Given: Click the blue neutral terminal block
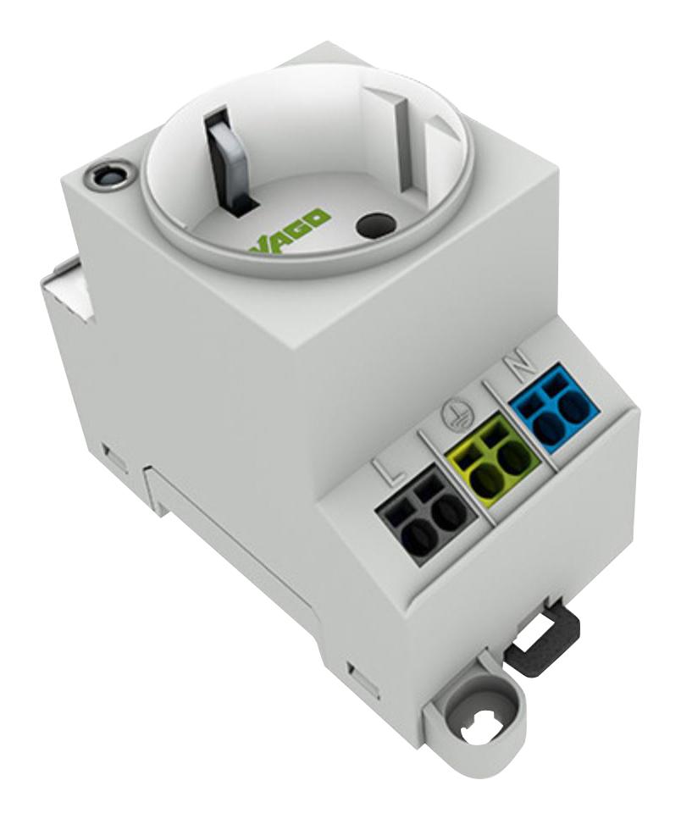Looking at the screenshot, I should [x=555, y=412].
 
